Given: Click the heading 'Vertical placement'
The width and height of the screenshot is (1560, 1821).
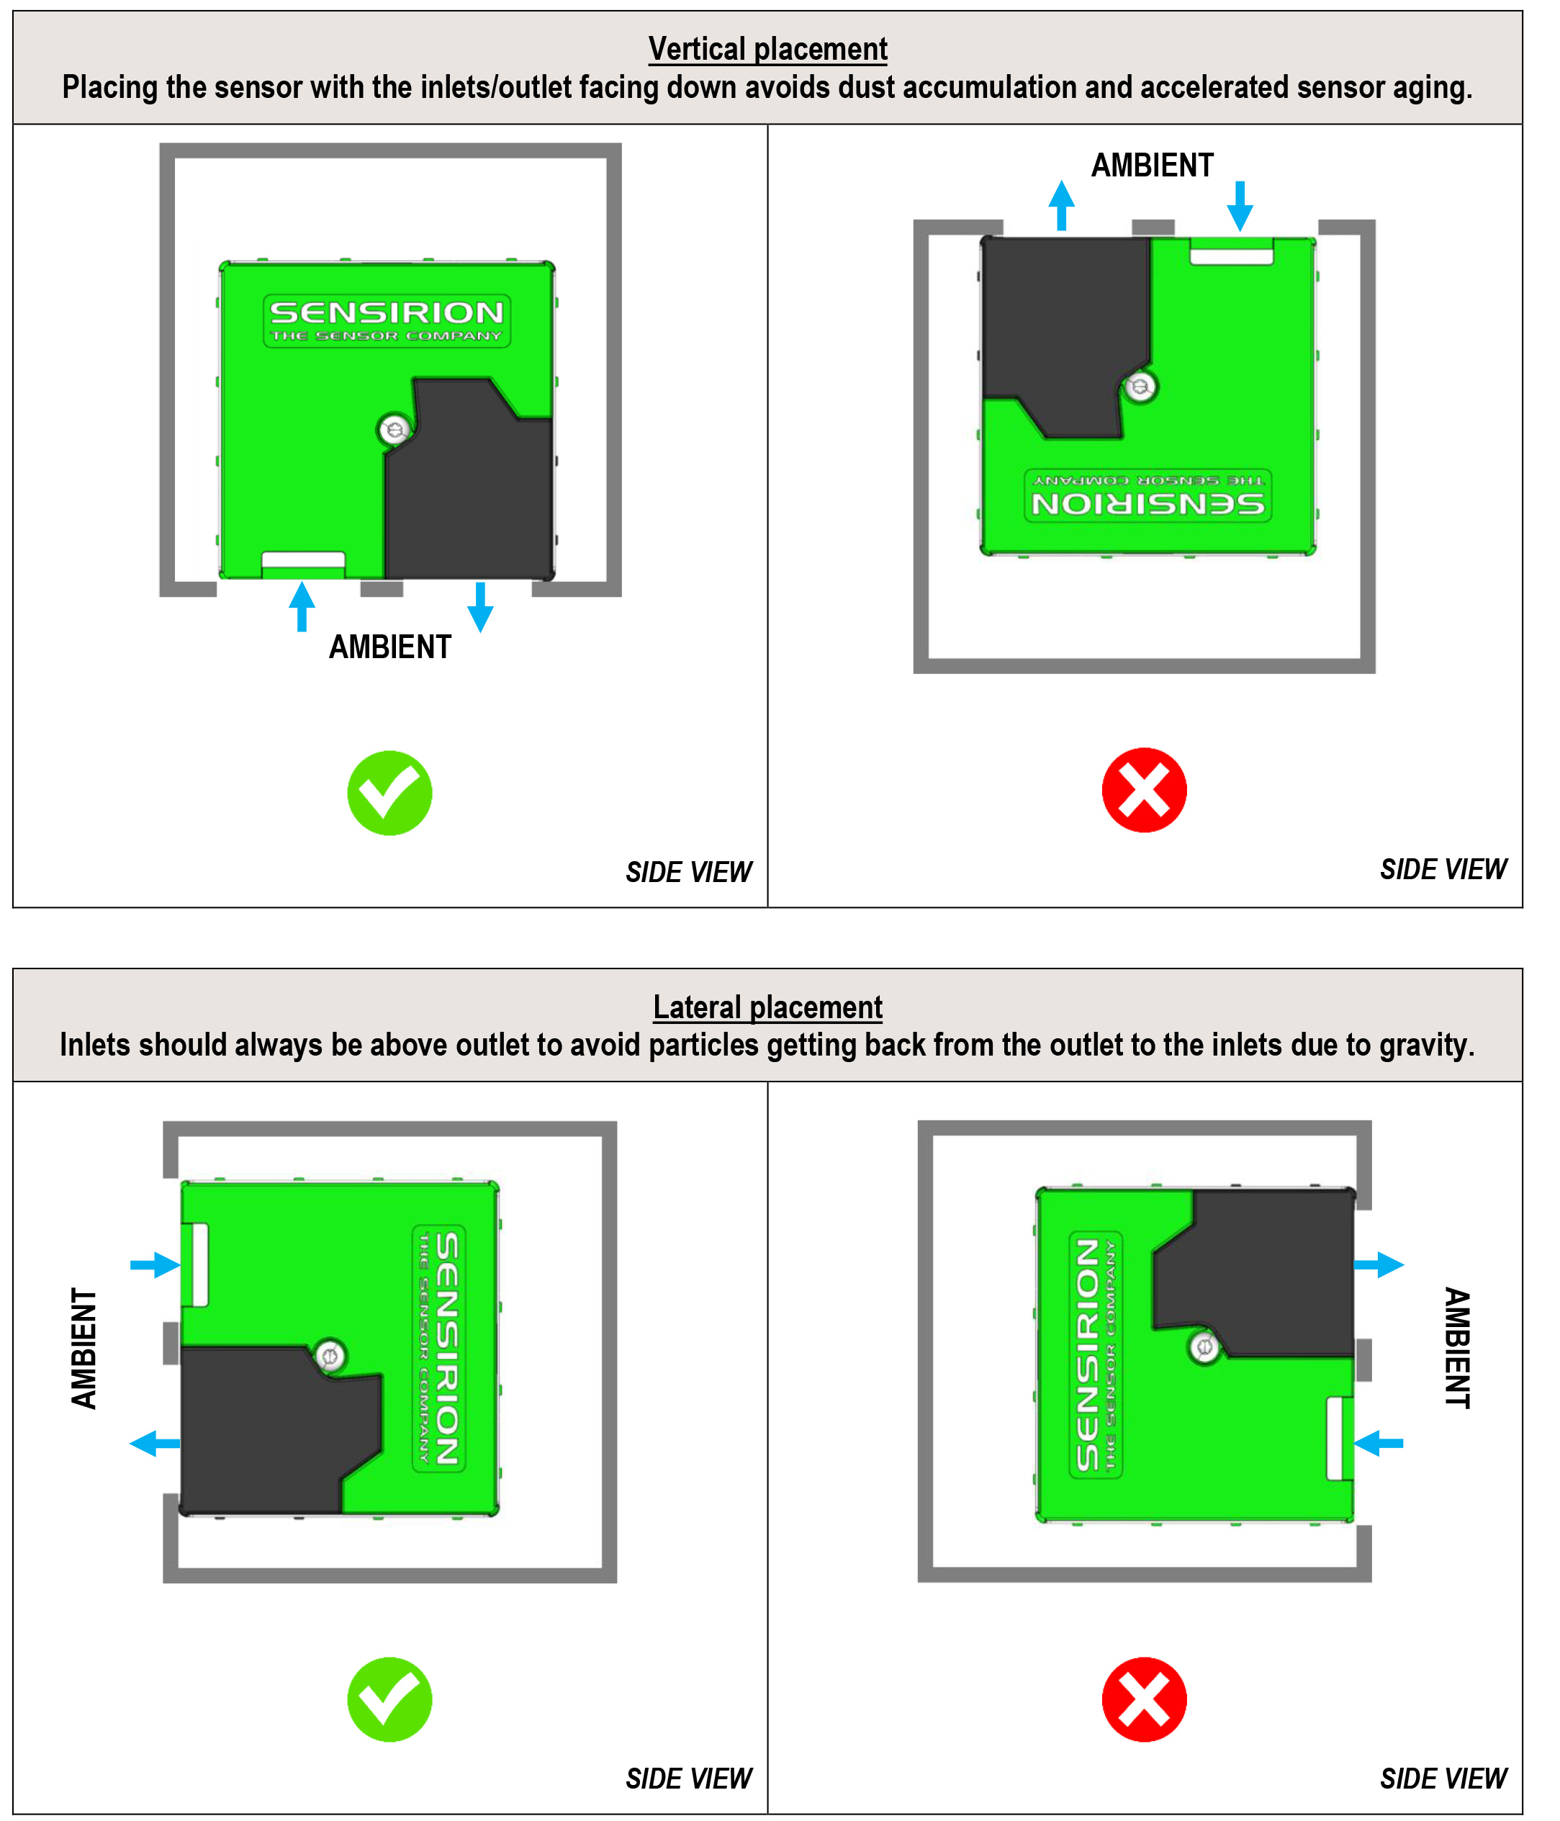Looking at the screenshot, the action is (767, 49).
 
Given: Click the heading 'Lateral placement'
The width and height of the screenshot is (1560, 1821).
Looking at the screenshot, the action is (767, 1007).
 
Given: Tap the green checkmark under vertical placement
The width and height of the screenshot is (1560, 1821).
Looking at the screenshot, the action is (389, 793).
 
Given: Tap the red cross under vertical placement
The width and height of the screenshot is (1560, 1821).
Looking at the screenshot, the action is (1145, 790).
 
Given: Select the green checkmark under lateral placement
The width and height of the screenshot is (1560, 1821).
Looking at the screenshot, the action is (389, 1700).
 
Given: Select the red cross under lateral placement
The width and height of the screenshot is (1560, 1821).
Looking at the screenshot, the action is (1145, 1700).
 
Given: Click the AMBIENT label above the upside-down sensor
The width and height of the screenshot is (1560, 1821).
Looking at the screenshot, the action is (1153, 165).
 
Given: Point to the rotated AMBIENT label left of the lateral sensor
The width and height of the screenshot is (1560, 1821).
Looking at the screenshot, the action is (84, 1349).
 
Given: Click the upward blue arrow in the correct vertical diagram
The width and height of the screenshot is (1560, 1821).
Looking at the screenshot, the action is (302, 606).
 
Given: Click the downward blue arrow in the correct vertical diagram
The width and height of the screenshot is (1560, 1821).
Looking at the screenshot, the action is (480, 607).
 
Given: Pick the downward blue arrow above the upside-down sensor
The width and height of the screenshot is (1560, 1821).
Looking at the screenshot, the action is (1240, 207).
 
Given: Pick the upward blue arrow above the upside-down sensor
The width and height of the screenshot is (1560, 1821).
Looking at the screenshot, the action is (1062, 206).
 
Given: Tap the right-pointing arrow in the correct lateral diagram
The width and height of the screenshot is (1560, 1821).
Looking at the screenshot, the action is (155, 1266).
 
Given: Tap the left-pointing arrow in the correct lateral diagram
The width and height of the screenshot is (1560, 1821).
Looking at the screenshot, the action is (155, 1443).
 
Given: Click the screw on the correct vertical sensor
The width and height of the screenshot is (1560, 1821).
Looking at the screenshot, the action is (394, 430).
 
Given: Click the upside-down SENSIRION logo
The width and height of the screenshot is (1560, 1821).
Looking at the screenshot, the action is (1148, 495).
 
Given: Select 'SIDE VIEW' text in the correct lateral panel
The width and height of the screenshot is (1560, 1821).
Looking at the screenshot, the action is (689, 1779).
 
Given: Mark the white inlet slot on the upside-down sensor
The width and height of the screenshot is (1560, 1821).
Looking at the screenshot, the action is (1231, 256).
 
